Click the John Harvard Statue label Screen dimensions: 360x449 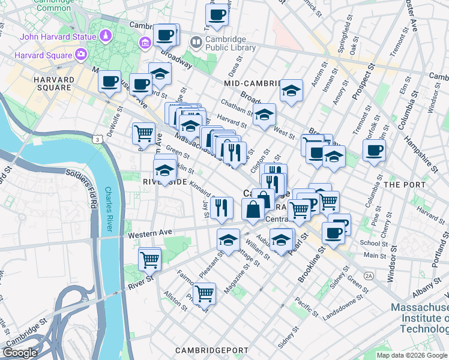point(58,37)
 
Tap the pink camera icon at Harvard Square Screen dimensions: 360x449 point(80,55)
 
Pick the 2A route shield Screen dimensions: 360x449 point(369,275)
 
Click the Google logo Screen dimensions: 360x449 point(20,353)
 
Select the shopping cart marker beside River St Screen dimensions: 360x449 point(149,259)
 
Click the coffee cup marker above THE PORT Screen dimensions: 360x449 point(373,150)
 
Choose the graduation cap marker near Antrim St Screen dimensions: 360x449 point(291,91)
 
